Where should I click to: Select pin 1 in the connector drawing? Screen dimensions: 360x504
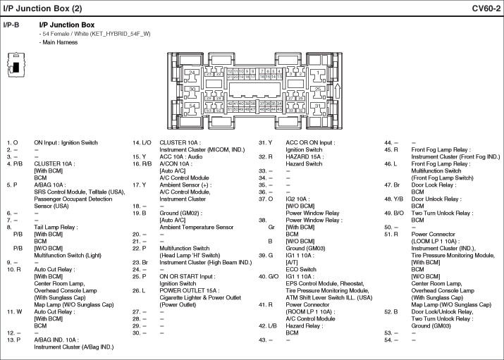pos(320,73)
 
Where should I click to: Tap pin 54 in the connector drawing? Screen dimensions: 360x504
pos(192,106)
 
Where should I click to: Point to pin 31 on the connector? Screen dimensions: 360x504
pos(319,106)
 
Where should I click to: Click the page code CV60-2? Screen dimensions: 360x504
pos(486,8)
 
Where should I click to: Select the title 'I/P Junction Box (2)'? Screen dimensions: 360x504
pos(43,8)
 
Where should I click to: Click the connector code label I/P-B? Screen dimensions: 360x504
pos(11,25)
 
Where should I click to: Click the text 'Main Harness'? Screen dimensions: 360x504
pos(60,42)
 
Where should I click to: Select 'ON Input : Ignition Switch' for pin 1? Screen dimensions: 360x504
pos(66,142)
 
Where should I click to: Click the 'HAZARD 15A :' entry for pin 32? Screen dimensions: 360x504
pos(303,156)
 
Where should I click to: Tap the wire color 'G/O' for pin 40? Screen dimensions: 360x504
pos(271,276)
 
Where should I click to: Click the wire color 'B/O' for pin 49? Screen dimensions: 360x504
pos(398,213)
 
